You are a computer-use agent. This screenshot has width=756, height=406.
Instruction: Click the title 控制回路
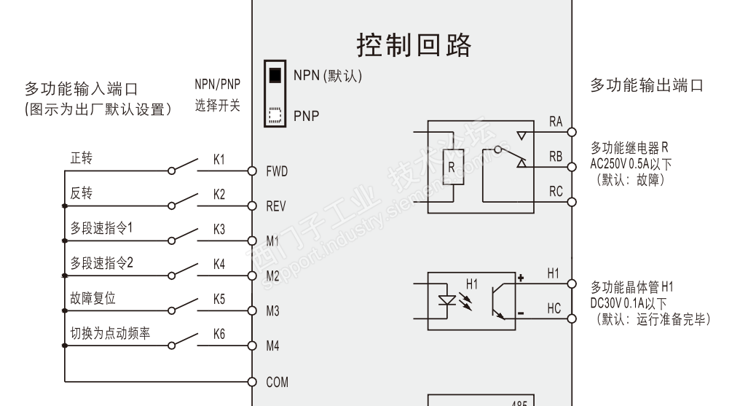(414, 45)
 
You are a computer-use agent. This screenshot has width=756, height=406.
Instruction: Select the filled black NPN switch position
(275, 75)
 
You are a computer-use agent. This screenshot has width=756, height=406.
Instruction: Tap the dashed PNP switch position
(275, 114)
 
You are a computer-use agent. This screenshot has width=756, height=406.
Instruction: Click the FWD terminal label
(277, 172)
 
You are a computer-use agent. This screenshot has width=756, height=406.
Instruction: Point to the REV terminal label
(276, 207)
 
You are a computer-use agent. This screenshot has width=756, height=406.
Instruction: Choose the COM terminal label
(277, 382)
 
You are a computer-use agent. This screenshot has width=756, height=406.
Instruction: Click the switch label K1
(219, 160)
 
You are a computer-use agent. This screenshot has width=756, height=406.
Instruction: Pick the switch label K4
(219, 264)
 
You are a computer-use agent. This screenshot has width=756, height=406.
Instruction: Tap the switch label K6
(219, 334)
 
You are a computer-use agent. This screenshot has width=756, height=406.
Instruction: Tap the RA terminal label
(556, 122)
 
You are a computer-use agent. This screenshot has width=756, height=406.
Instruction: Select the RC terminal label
(556, 192)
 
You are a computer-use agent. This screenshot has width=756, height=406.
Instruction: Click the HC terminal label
(554, 309)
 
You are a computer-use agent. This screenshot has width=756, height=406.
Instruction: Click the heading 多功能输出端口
(646, 85)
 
